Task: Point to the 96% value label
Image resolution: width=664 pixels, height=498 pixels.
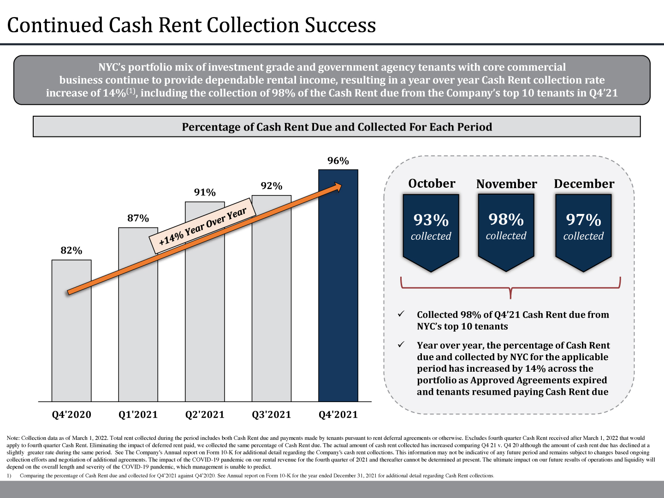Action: click(338, 161)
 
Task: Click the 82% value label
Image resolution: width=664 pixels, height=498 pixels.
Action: click(71, 251)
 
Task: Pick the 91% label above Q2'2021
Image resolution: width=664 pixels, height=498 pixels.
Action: click(205, 193)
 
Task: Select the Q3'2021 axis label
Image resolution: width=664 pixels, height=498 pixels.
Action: click(271, 415)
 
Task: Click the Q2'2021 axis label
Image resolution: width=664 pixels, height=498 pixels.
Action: click(205, 415)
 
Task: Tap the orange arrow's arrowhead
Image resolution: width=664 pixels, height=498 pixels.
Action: click(337, 187)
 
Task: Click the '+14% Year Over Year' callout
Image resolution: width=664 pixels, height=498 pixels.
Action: click(202, 225)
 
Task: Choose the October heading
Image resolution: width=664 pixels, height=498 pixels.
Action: click(432, 184)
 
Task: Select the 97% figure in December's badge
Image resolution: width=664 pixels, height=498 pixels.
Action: click(583, 220)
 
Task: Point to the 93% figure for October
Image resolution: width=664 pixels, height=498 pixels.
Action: click(431, 220)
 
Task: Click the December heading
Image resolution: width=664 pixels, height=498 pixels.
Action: click(584, 184)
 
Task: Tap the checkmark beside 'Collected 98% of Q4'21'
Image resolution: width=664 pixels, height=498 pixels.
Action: click(401, 314)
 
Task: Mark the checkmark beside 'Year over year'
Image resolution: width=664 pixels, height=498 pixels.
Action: click(401, 344)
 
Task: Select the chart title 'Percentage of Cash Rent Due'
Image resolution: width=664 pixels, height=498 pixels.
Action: click(337, 127)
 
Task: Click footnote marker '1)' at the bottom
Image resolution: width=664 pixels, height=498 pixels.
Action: click(9, 475)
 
